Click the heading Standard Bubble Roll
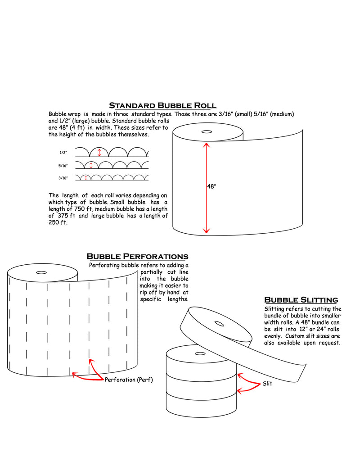coord(162,106)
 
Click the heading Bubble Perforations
coord(137,257)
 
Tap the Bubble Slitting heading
coord(301,300)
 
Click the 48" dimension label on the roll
coord(212,186)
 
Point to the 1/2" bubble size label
coord(63,153)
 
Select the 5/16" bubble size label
coord(63,166)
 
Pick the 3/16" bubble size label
coord(63,178)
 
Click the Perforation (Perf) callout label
coord(129,380)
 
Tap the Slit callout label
coord(267,384)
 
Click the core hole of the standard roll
coord(207,132)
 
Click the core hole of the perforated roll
coord(41,272)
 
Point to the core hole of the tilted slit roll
coord(219,323)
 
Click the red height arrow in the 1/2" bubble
coord(99,152)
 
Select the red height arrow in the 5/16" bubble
coord(91,165)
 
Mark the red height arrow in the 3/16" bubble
coord(86,177)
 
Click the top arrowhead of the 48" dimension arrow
coord(207,145)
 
